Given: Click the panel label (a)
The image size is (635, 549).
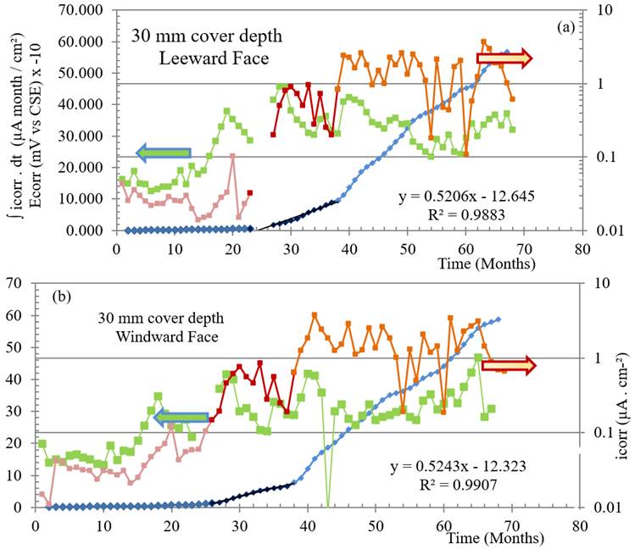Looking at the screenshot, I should (x=566, y=28).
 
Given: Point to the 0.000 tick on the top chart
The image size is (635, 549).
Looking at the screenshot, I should (x=92, y=230).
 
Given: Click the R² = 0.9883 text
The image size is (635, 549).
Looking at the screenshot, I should (x=470, y=216).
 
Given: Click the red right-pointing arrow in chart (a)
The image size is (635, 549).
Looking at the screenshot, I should (x=504, y=58).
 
